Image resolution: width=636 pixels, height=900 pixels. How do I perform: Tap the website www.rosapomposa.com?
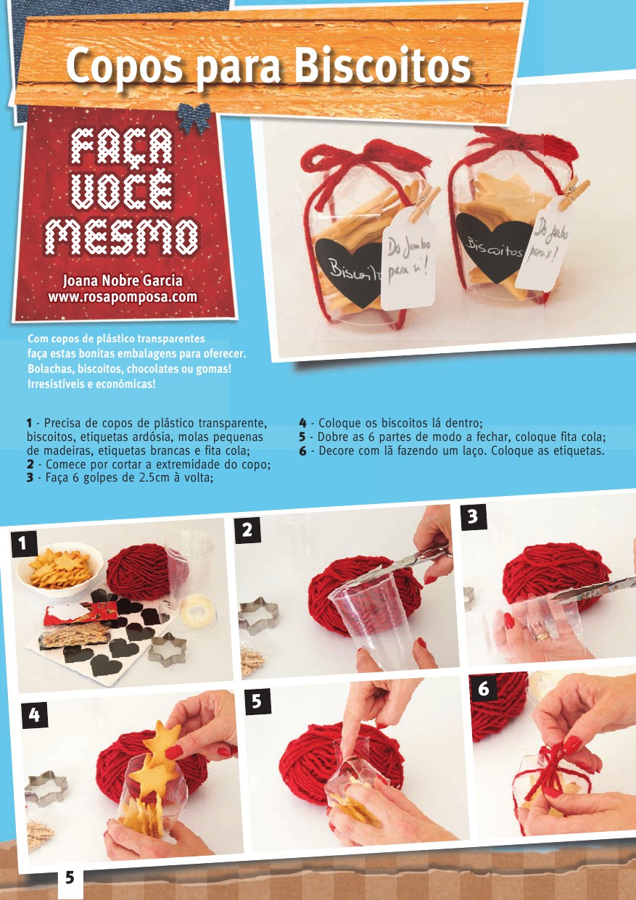click(123, 297)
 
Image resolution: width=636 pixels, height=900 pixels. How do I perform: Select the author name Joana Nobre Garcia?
click(123, 281)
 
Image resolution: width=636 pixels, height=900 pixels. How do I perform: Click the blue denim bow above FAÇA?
click(194, 117)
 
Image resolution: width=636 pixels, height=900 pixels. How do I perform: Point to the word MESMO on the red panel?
click(122, 237)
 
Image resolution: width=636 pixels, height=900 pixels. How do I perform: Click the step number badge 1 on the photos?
click(24, 544)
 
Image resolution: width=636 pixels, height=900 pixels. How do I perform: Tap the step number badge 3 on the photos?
click(474, 516)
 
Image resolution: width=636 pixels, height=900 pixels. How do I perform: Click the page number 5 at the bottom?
click(70, 879)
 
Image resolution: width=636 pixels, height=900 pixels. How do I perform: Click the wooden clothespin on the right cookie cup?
click(574, 195)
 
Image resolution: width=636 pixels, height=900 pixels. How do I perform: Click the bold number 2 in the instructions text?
click(30, 464)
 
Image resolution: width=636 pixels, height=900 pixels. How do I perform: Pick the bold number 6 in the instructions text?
click(302, 451)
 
